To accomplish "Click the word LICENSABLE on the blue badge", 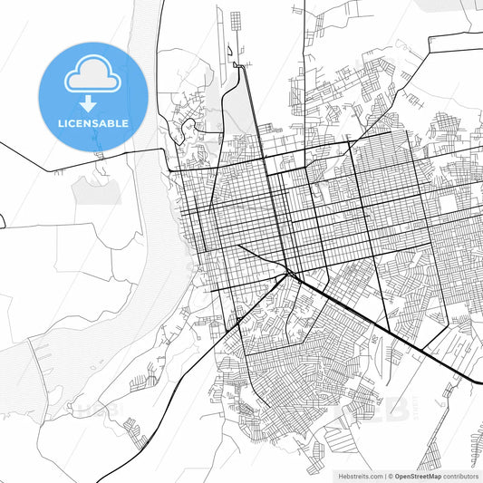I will click(x=92, y=122).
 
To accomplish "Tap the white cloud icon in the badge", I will click(x=92, y=78).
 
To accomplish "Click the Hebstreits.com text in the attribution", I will click(x=360, y=475).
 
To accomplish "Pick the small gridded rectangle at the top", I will click(x=236, y=21).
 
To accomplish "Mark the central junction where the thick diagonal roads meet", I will click(x=288, y=272).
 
